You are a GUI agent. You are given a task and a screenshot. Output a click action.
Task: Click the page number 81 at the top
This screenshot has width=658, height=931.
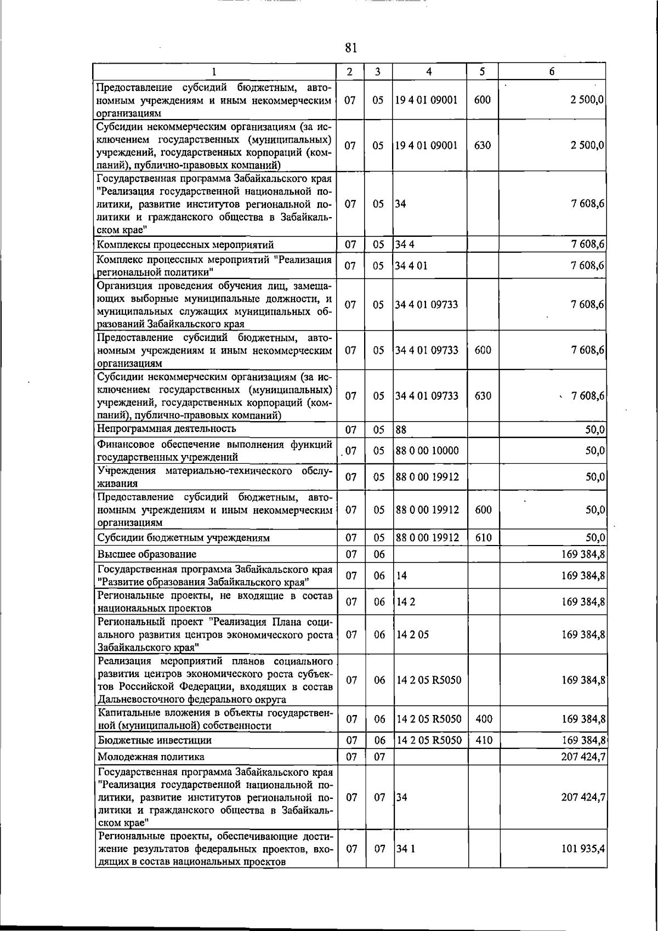[x=351, y=48]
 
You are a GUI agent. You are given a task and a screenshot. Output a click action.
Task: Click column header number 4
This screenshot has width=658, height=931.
[x=429, y=71]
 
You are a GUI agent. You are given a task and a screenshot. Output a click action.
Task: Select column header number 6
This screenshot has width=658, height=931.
[x=552, y=71]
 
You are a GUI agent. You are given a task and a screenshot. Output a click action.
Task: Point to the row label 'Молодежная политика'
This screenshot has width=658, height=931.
[x=151, y=757]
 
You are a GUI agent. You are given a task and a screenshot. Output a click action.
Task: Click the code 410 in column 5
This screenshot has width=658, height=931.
[x=484, y=740]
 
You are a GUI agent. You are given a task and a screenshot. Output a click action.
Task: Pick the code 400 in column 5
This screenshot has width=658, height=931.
[x=484, y=719]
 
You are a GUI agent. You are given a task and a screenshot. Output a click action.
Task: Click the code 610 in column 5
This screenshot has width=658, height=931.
[x=483, y=538]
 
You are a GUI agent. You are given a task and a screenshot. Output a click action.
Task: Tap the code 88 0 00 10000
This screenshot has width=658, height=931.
[x=427, y=451]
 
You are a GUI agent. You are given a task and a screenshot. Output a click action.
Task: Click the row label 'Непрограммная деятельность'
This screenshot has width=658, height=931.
[x=167, y=428]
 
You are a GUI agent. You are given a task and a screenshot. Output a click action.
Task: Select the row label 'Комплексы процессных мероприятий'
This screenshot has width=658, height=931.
[x=185, y=245]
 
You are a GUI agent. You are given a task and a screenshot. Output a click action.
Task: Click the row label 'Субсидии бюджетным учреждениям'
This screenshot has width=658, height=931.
[x=183, y=538]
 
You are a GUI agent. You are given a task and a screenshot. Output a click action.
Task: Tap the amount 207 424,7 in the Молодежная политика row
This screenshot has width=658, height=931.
[x=583, y=757]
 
